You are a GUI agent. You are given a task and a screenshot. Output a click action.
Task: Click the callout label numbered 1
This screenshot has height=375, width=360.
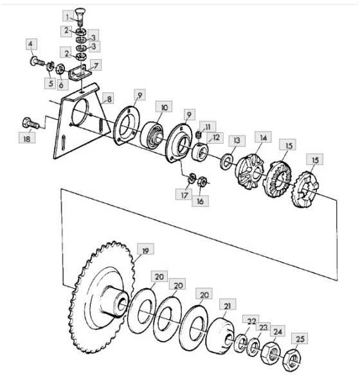click(x=67, y=17)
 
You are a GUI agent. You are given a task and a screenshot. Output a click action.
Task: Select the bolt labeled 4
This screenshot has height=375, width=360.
click(x=37, y=61)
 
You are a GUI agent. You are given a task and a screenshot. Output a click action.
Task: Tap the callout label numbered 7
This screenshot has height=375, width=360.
click(x=96, y=65)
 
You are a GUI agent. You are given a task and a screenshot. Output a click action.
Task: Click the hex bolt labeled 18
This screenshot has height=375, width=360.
click(x=30, y=124)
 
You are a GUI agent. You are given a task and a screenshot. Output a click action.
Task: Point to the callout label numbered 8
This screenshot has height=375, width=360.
click(x=109, y=99)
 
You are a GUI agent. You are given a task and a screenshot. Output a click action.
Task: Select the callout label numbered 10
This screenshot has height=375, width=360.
click(x=164, y=107)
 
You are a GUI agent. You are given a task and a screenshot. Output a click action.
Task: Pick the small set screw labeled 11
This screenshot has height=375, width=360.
click(x=199, y=135)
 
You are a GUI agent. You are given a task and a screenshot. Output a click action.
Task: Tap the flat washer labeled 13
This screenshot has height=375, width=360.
click(x=226, y=162)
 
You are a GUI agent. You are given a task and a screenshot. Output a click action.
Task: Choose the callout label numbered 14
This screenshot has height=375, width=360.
click(x=263, y=137)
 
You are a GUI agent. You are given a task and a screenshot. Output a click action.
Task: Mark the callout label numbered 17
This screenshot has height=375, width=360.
click(x=184, y=195)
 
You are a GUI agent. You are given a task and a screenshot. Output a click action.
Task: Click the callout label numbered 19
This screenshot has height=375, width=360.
click(x=145, y=250)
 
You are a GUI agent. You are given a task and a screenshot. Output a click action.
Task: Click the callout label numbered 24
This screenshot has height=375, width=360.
click(x=278, y=331)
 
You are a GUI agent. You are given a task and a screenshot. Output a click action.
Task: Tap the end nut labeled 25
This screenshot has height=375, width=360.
click(x=292, y=360)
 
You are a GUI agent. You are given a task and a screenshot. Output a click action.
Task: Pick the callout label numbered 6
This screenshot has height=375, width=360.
click(x=61, y=85)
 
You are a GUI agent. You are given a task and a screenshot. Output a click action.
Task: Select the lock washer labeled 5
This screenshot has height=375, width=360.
click(x=50, y=66)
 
